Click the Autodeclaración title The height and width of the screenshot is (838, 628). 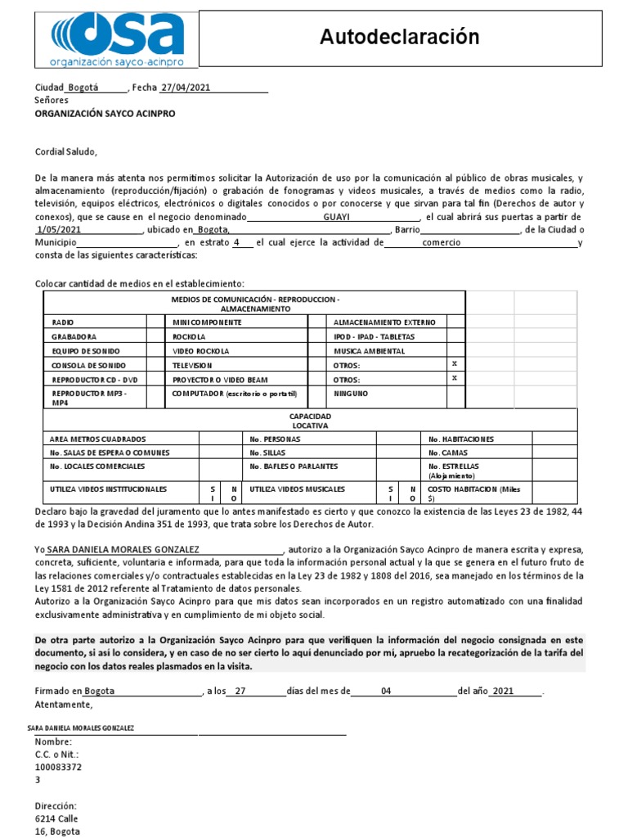tap(399, 37)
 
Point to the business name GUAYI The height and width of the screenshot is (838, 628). tap(337, 217)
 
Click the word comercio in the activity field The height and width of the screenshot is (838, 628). tap(441, 243)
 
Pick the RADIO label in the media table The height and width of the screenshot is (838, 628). tap(62, 322)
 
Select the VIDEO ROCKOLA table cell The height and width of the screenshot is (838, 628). tap(200, 350)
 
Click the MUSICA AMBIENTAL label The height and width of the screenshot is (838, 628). tap(369, 350)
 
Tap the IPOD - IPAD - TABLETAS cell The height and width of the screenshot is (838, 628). tap(375, 336)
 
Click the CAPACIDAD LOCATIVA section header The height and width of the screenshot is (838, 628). tap(310, 421)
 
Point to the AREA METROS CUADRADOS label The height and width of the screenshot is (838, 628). tap(98, 439)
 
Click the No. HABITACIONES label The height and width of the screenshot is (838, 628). tap(461, 439)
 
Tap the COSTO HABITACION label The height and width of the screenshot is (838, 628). tap(474, 489)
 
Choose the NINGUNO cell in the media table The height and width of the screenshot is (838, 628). tap(351, 394)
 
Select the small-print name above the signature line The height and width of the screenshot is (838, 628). tap(81, 728)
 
